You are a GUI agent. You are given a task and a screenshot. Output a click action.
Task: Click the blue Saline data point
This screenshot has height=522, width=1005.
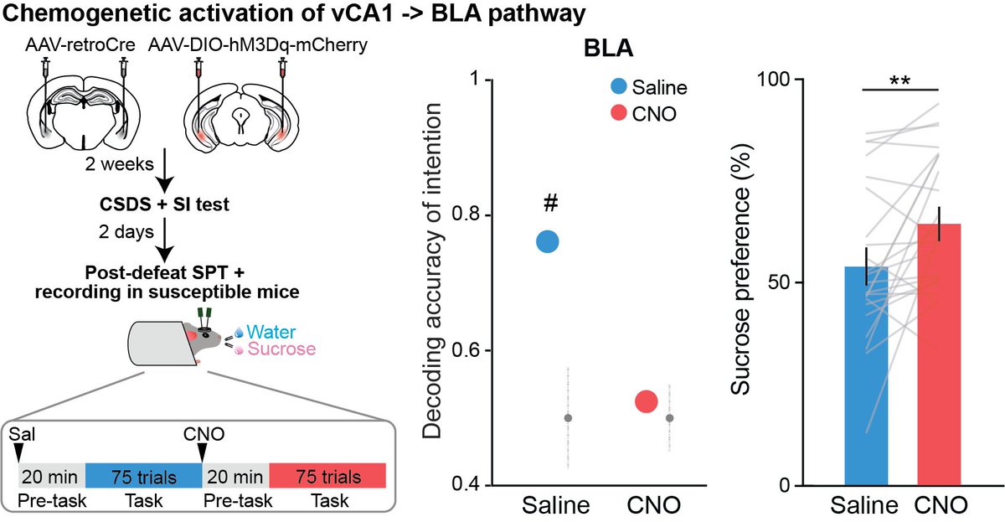547,241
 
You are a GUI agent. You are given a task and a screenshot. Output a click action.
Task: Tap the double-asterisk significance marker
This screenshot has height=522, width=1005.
901,82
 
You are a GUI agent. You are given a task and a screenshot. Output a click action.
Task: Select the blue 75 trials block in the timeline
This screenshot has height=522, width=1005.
143,477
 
